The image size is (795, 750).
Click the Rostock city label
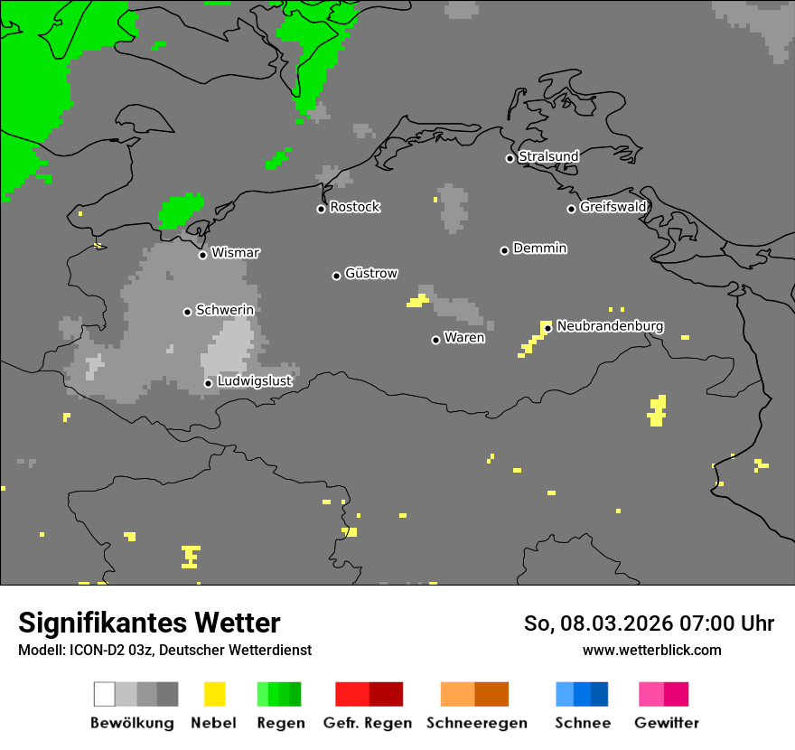355,207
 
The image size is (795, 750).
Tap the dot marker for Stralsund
510,158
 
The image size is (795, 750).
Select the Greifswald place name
613,207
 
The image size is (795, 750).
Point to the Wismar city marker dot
202,255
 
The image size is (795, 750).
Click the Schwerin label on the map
225,310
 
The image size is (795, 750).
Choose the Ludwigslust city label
254,381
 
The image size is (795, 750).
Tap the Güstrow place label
371,273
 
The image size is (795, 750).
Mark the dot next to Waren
435,340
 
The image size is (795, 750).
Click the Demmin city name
539,248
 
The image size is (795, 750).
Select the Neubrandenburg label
610,325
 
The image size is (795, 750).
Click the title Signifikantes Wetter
149,623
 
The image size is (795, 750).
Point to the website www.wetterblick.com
651,650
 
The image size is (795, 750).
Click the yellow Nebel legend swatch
214,694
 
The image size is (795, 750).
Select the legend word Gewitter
667,723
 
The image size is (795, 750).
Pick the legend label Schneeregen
477,723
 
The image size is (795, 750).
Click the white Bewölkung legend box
105,694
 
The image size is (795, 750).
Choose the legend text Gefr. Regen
367,723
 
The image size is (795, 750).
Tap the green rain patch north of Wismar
181,210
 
